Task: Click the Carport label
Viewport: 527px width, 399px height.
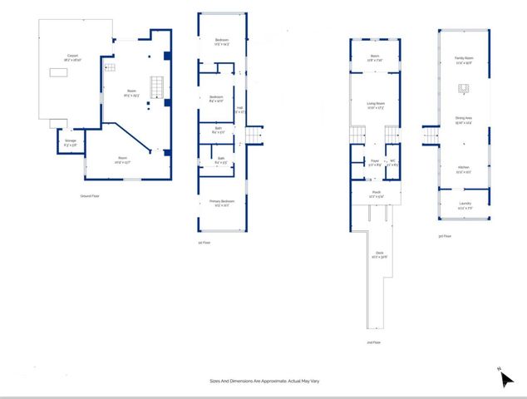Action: coord(73,56)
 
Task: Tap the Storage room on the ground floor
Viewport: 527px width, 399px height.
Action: coord(70,143)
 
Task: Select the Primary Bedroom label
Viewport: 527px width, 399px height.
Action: coord(221,202)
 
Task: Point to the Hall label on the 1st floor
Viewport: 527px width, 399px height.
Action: coord(240,109)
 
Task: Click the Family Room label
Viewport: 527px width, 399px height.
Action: coord(463,59)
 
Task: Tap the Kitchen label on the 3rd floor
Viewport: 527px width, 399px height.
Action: coord(463,170)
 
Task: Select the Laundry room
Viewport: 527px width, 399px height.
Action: coord(463,207)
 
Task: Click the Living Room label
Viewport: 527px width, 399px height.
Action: coord(376,105)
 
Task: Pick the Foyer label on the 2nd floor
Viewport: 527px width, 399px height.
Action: coord(375,162)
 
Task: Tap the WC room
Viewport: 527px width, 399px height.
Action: coord(394,162)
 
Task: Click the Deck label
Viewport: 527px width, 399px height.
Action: coord(379,255)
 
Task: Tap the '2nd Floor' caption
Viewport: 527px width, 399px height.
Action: coord(374,342)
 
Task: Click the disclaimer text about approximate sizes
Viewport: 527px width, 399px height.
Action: coord(264,381)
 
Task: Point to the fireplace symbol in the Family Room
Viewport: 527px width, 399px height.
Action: coord(463,89)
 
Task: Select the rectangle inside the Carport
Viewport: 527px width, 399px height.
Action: coord(59,73)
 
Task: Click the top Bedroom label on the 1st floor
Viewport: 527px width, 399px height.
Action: coord(221,42)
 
